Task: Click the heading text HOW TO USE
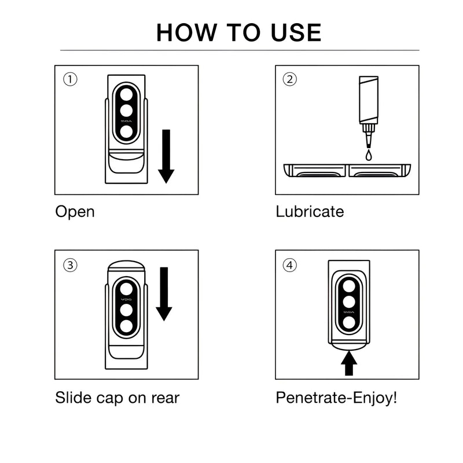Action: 238,32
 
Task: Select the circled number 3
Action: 70,265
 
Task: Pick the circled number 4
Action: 289,265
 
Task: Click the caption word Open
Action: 75,211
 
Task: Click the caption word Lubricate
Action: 310,211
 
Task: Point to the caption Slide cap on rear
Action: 117,398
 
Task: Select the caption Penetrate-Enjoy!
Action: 336,398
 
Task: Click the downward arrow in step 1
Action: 166,156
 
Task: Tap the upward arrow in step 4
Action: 350,363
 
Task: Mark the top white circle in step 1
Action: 126,93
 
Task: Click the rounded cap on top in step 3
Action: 126,269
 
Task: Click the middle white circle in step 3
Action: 126,310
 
